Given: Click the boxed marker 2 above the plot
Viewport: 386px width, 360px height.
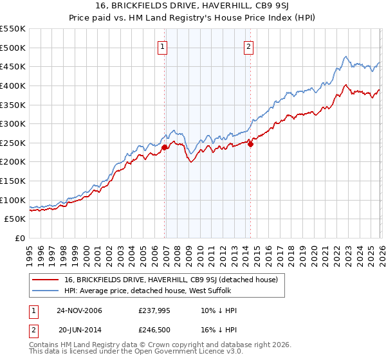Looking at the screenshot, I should [x=248, y=46].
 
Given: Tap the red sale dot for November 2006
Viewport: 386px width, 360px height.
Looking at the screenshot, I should [x=165, y=147].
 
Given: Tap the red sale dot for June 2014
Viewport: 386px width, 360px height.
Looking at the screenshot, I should [x=251, y=144].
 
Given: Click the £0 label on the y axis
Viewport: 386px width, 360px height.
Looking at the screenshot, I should [x=20, y=238].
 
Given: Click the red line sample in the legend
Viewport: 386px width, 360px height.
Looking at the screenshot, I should [x=46, y=280].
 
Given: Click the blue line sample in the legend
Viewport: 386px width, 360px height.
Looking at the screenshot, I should [x=46, y=291].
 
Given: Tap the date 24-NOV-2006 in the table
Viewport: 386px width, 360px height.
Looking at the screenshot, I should [x=79, y=310].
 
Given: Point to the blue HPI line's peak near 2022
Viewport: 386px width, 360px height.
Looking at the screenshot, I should [x=345, y=57].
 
